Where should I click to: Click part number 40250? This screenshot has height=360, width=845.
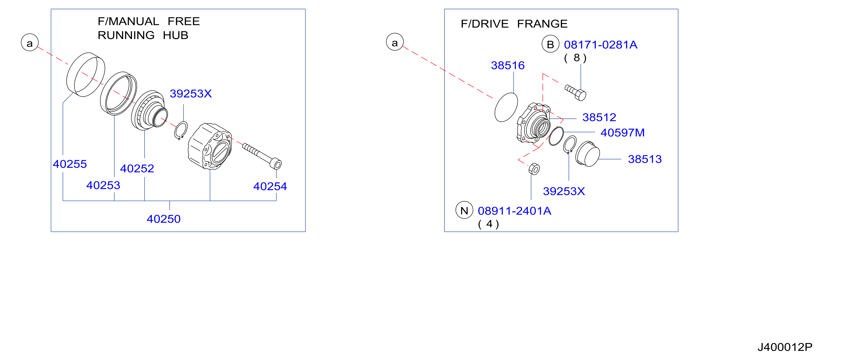click(x=163, y=219)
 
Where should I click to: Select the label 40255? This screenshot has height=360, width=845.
click(x=70, y=164)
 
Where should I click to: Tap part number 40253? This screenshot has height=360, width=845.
click(x=103, y=185)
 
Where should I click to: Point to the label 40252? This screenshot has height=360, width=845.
click(x=137, y=168)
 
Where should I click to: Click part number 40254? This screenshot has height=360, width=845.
click(x=270, y=186)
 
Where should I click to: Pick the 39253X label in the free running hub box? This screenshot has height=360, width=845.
click(x=191, y=94)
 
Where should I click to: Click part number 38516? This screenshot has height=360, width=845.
click(x=508, y=65)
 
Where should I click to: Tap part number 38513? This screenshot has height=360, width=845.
click(x=645, y=159)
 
